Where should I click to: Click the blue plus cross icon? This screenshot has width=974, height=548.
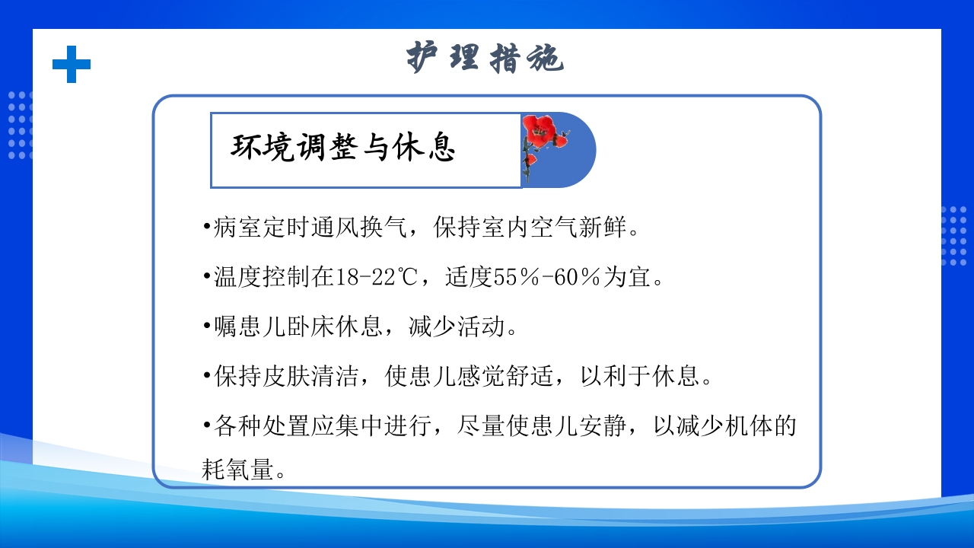pyautogui.click(x=72, y=64)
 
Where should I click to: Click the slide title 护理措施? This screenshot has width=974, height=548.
pyautogui.click(x=485, y=58)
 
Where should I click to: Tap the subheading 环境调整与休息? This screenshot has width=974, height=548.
pyautogui.click(x=343, y=148)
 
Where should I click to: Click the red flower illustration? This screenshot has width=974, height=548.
pyautogui.click(x=542, y=140)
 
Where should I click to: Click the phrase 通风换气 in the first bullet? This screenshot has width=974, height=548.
pyautogui.click(x=360, y=228)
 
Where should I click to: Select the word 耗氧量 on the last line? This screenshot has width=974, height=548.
pyautogui.click(x=237, y=470)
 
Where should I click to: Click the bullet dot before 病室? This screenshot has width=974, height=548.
pyautogui.click(x=207, y=228)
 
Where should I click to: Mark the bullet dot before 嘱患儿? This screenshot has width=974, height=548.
pyautogui.click(x=207, y=327)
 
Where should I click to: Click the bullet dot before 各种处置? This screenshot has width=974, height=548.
pyautogui.click(x=207, y=426)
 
